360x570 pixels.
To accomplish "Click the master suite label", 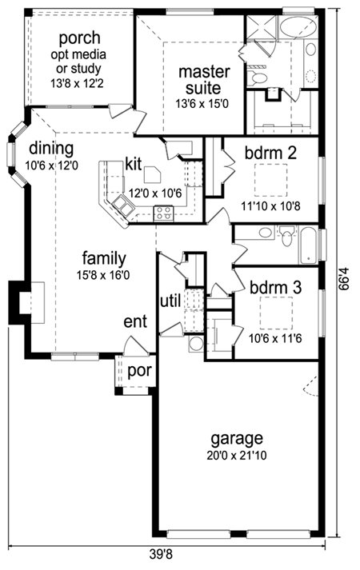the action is (204, 80).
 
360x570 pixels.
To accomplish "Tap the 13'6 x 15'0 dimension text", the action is (202, 105).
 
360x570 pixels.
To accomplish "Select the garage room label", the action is (237, 439).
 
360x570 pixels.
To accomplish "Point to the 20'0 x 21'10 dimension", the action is (237, 455).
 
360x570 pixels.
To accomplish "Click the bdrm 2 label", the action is (270, 153).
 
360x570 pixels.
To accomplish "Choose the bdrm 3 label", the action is (276, 288).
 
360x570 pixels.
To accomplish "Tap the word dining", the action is (51, 149).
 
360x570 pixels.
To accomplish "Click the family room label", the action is (104, 259).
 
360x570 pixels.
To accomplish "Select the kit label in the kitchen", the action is (133, 164).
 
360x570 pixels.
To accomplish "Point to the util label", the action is (170, 301).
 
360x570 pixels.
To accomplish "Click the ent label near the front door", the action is (135, 321).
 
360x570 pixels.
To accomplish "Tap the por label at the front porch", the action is (139, 371).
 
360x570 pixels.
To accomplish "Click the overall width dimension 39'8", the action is (160, 555).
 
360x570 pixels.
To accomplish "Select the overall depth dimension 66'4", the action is (343, 279).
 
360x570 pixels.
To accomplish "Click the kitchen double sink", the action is (123, 205).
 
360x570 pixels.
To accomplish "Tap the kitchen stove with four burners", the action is (163, 213).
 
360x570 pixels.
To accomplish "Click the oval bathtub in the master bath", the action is (298, 27).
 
